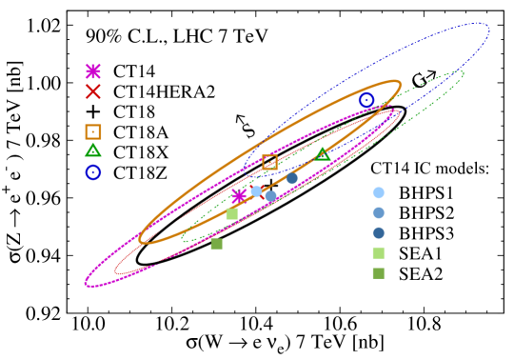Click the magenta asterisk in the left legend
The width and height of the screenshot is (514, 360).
(93, 71)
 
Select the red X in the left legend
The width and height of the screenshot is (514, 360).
(93, 91)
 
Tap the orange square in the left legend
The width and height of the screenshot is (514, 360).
(93, 132)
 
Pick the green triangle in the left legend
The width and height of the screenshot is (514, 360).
(93, 150)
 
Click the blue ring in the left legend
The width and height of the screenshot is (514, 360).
(93, 172)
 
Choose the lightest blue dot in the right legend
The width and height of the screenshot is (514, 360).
(379, 192)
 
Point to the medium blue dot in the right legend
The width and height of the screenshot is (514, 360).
(379, 213)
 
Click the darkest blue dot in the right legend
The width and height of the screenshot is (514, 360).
(379, 233)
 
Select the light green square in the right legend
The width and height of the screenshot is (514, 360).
(379, 253)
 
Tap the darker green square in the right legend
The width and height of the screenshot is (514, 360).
(379, 273)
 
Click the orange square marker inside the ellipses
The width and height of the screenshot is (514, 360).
(270, 162)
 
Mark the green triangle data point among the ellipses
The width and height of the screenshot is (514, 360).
(323, 153)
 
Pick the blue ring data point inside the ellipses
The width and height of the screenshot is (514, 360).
(366, 100)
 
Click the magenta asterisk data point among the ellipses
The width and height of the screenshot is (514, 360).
(240, 196)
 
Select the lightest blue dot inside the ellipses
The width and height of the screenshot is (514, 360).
(256, 191)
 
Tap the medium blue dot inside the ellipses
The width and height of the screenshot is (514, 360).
(271, 196)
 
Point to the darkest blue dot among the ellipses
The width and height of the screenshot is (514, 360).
(292, 178)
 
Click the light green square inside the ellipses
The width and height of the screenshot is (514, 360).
(231, 214)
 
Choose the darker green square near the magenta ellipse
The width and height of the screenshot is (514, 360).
(217, 244)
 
